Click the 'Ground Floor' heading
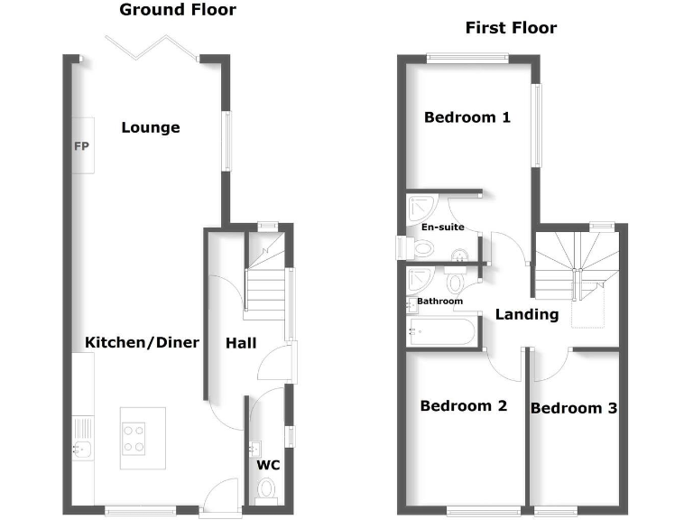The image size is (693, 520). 178,11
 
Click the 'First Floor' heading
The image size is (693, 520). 511,28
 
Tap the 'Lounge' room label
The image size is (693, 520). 151,127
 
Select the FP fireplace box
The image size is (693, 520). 82,145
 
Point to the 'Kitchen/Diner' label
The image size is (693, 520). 142,343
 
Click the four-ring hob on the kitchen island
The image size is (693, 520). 134,438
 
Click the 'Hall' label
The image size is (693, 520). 241,343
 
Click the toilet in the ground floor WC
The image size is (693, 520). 266,488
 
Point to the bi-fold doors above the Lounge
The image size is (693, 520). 151,48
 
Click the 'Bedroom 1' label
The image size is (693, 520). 467,117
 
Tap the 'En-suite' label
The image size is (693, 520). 442,227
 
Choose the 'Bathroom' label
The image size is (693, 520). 439,302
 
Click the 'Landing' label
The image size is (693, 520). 527,314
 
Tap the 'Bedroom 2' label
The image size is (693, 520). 464,406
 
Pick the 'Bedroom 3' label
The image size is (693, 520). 574,408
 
